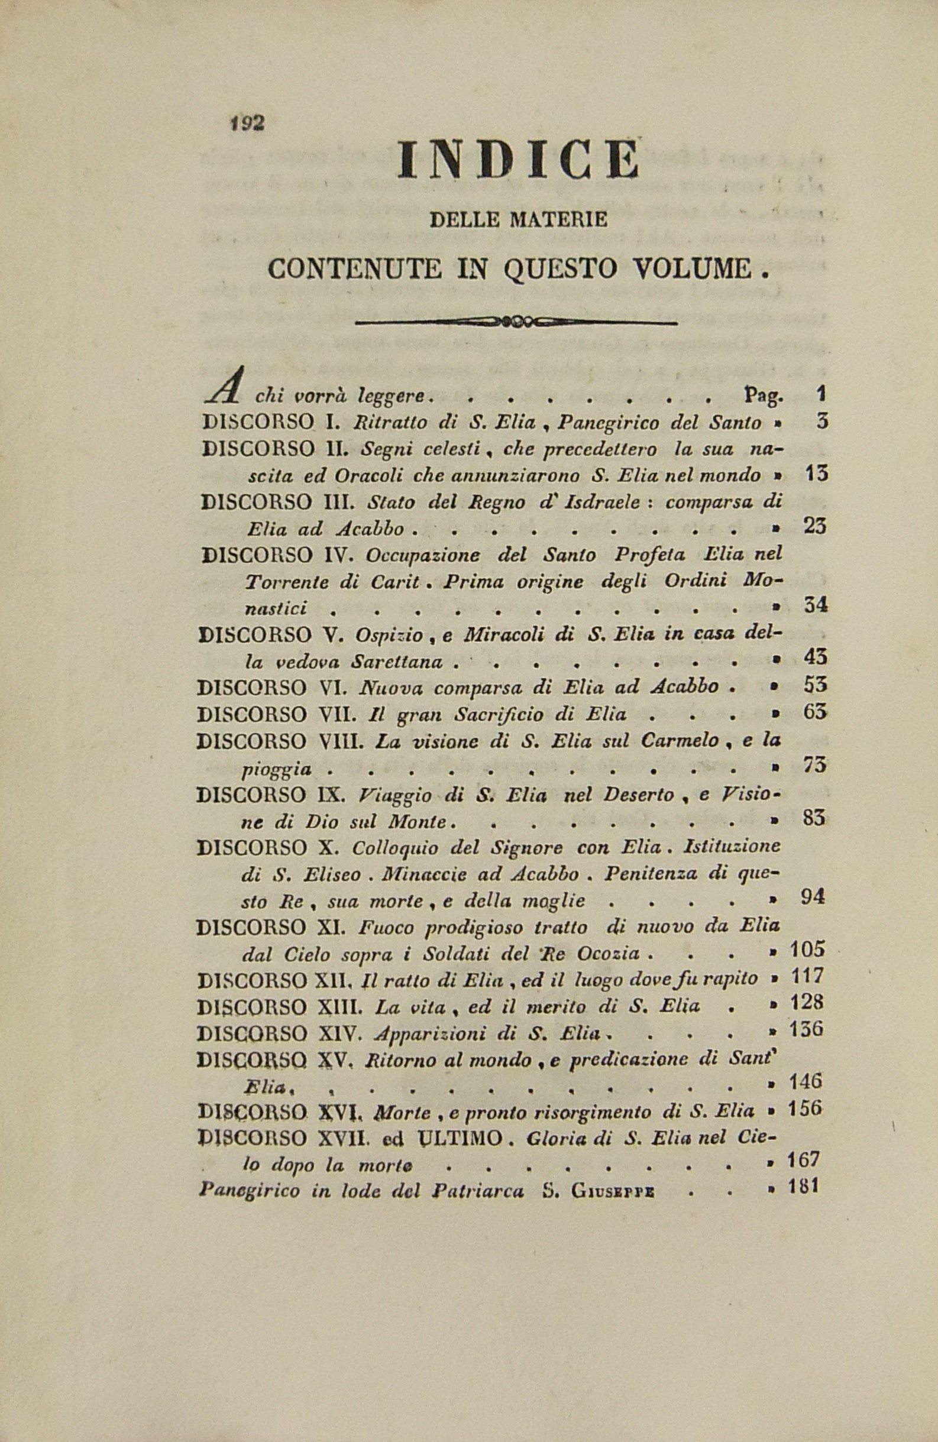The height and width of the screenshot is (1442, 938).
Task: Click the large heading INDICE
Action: (518, 160)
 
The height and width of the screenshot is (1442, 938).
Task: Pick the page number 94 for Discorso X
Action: (813, 898)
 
